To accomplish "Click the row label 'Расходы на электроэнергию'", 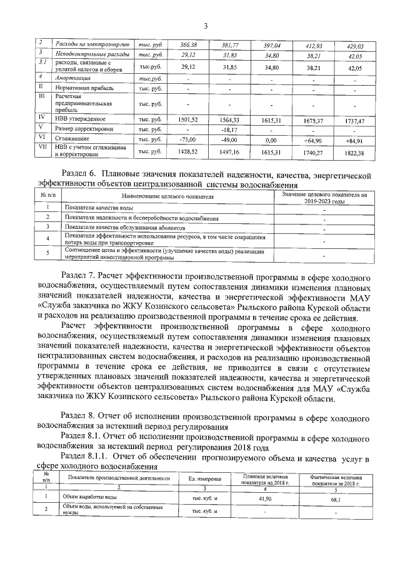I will pyautogui.click(x=92, y=46).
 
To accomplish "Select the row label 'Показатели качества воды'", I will pyautogui.click(x=98, y=207).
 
